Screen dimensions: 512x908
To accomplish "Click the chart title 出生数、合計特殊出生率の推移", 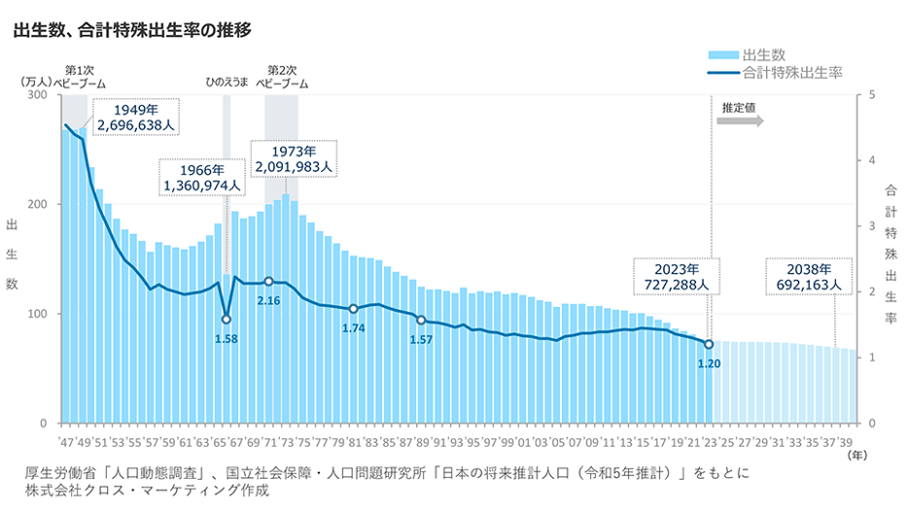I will click(x=132, y=30).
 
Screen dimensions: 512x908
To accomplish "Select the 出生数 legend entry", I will click(x=769, y=54).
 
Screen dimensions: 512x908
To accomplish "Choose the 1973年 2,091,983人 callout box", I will click(x=294, y=159).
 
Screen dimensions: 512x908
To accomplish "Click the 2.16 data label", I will click(x=268, y=300).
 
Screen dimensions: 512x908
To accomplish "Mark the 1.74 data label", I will click(x=354, y=328).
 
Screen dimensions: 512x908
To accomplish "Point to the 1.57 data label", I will click(x=421, y=339).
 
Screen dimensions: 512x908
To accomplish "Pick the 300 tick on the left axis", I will click(x=38, y=95).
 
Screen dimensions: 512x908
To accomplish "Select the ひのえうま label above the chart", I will click(x=227, y=84).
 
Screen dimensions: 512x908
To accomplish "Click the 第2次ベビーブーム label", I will click(x=282, y=77).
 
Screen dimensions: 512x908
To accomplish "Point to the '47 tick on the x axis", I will click(x=66, y=441).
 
